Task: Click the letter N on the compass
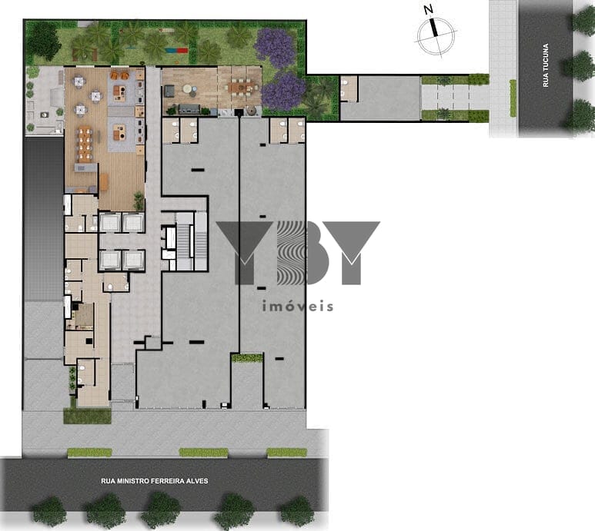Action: click(x=429, y=9)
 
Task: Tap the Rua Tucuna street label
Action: click(x=546, y=65)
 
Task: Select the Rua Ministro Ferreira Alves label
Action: click(x=155, y=481)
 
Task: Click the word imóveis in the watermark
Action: click(x=297, y=306)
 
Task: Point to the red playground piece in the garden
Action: click(x=182, y=50)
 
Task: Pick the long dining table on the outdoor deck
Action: click(x=240, y=88)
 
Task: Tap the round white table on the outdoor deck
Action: click(x=188, y=89)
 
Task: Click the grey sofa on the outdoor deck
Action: click(x=189, y=108)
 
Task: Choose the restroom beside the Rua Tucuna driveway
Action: click(x=349, y=89)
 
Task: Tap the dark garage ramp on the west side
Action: click(x=43, y=219)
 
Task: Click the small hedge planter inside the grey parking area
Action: click(x=247, y=357)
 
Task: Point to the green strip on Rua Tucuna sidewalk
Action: click(x=513, y=98)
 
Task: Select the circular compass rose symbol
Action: click(x=436, y=36)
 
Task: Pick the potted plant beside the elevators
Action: click(x=139, y=201)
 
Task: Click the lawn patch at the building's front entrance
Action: click(x=87, y=416)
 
